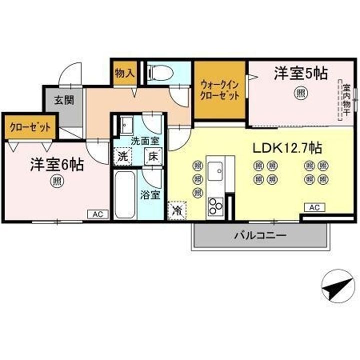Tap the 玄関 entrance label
[64, 100]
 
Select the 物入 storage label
[124, 73]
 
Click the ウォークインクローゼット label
[219, 90]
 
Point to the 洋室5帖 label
[301, 73]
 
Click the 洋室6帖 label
[57, 164]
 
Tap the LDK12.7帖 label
[287, 148]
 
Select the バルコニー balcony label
[260, 235]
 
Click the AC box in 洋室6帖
[98, 214]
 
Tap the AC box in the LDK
[314, 207]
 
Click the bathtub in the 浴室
[124, 195]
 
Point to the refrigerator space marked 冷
[177, 210]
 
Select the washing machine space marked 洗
[123, 156]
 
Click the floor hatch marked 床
[153, 156]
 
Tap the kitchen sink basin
[215, 171]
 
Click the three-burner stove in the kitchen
[215, 206]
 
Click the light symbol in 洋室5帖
[301, 93]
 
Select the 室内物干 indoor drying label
[346, 100]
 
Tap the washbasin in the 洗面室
[126, 125]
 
